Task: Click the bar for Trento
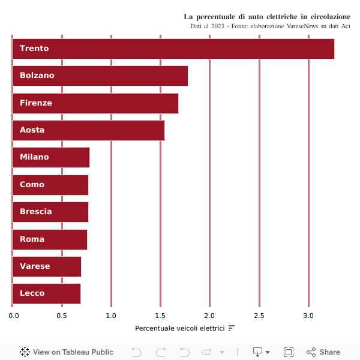click(x=173, y=49)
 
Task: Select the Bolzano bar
click(x=100, y=76)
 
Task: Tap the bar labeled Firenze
click(x=95, y=103)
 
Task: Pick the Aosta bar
click(x=88, y=130)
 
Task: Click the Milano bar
click(x=51, y=157)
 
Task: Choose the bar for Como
click(x=50, y=185)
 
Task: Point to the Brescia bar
click(x=50, y=212)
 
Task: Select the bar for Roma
click(x=50, y=239)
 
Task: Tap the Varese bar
click(x=47, y=266)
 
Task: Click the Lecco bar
click(x=46, y=293)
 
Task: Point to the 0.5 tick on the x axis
click(x=62, y=316)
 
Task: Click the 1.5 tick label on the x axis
click(x=160, y=316)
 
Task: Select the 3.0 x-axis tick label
click(x=308, y=316)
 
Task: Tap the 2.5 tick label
click(x=259, y=316)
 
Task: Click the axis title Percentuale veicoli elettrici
click(x=179, y=328)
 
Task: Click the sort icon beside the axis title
click(x=232, y=328)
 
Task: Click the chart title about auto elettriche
click(x=266, y=16)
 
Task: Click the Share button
click(x=323, y=352)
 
